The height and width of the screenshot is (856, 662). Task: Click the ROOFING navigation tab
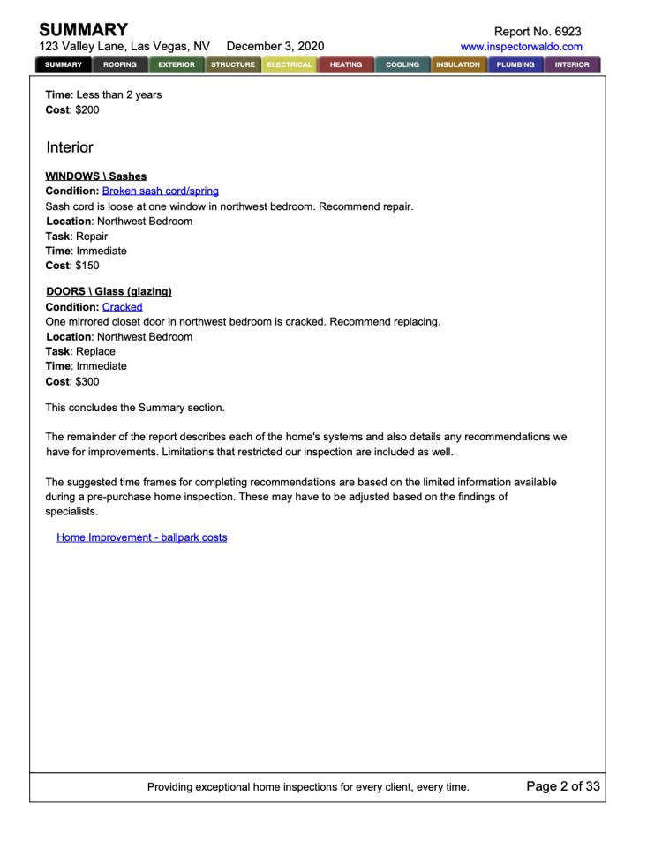pyautogui.click(x=120, y=64)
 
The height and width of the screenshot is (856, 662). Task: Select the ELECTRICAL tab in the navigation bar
pyautogui.click(x=290, y=64)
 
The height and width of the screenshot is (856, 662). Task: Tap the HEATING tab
pyautogui.click(x=346, y=64)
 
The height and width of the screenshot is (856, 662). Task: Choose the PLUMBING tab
pyautogui.click(x=515, y=64)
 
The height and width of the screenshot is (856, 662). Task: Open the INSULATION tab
pyautogui.click(x=458, y=64)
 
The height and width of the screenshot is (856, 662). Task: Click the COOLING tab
pyautogui.click(x=402, y=64)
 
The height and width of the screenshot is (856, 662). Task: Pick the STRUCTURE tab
pyautogui.click(x=233, y=64)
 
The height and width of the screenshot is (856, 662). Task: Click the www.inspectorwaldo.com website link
pyautogui.click(x=521, y=47)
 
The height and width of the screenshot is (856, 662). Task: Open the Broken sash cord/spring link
pyautogui.click(x=161, y=191)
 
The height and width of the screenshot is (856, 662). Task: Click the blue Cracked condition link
pyautogui.click(x=122, y=307)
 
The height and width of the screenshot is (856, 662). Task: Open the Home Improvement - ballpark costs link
pyautogui.click(x=141, y=537)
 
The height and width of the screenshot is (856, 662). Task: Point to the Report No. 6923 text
pyautogui.click(x=538, y=31)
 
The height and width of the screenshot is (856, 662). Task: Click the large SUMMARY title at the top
pyautogui.click(x=84, y=30)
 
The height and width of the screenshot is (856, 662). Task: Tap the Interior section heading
pyautogui.click(x=70, y=147)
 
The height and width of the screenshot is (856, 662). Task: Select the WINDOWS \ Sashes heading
pyautogui.click(x=96, y=176)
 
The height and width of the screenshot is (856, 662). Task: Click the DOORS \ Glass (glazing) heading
pyautogui.click(x=109, y=292)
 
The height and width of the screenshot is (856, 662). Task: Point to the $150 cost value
pyautogui.click(x=87, y=266)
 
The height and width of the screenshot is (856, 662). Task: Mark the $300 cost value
pyautogui.click(x=87, y=382)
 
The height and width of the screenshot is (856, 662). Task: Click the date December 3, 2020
pyautogui.click(x=275, y=47)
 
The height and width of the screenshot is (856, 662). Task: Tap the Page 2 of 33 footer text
pyautogui.click(x=563, y=786)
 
